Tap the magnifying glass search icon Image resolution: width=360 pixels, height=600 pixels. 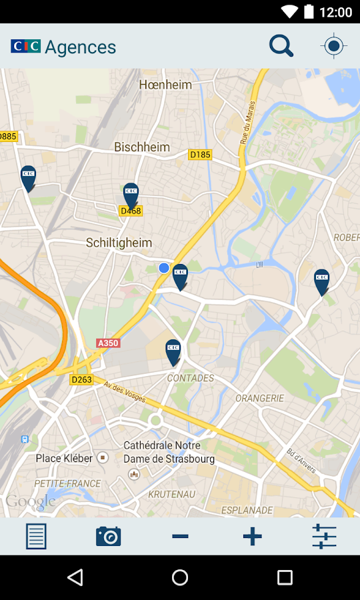(x=281, y=46)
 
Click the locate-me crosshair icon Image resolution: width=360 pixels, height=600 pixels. (x=333, y=46)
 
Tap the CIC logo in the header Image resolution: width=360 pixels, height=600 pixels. (x=25, y=46)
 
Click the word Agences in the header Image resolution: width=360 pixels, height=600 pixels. (x=81, y=47)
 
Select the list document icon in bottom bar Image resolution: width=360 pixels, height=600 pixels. (x=36, y=536)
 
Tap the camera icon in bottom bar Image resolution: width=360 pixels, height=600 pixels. (x=108, y=536)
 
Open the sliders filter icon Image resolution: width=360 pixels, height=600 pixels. (x=324, y=536)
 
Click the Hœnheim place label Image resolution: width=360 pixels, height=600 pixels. (x=165, y=85)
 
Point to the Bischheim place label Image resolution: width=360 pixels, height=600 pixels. (x=142, y=147)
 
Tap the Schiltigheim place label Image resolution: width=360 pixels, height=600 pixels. (x=119, y=243)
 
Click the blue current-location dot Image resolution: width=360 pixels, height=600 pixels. (x=164, y=268)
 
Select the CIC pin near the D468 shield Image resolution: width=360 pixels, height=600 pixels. (x=131, y=194)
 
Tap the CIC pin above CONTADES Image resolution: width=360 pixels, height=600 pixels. (x=173, y=351)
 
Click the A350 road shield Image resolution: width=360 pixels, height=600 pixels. (x=108, y=343)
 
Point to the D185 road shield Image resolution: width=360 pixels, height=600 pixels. (x=200, y=155)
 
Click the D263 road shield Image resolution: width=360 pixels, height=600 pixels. (x=81, y=379)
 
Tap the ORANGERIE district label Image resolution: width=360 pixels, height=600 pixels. (x=259, y=398)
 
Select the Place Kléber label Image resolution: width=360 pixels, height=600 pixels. (x=64, y=458)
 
